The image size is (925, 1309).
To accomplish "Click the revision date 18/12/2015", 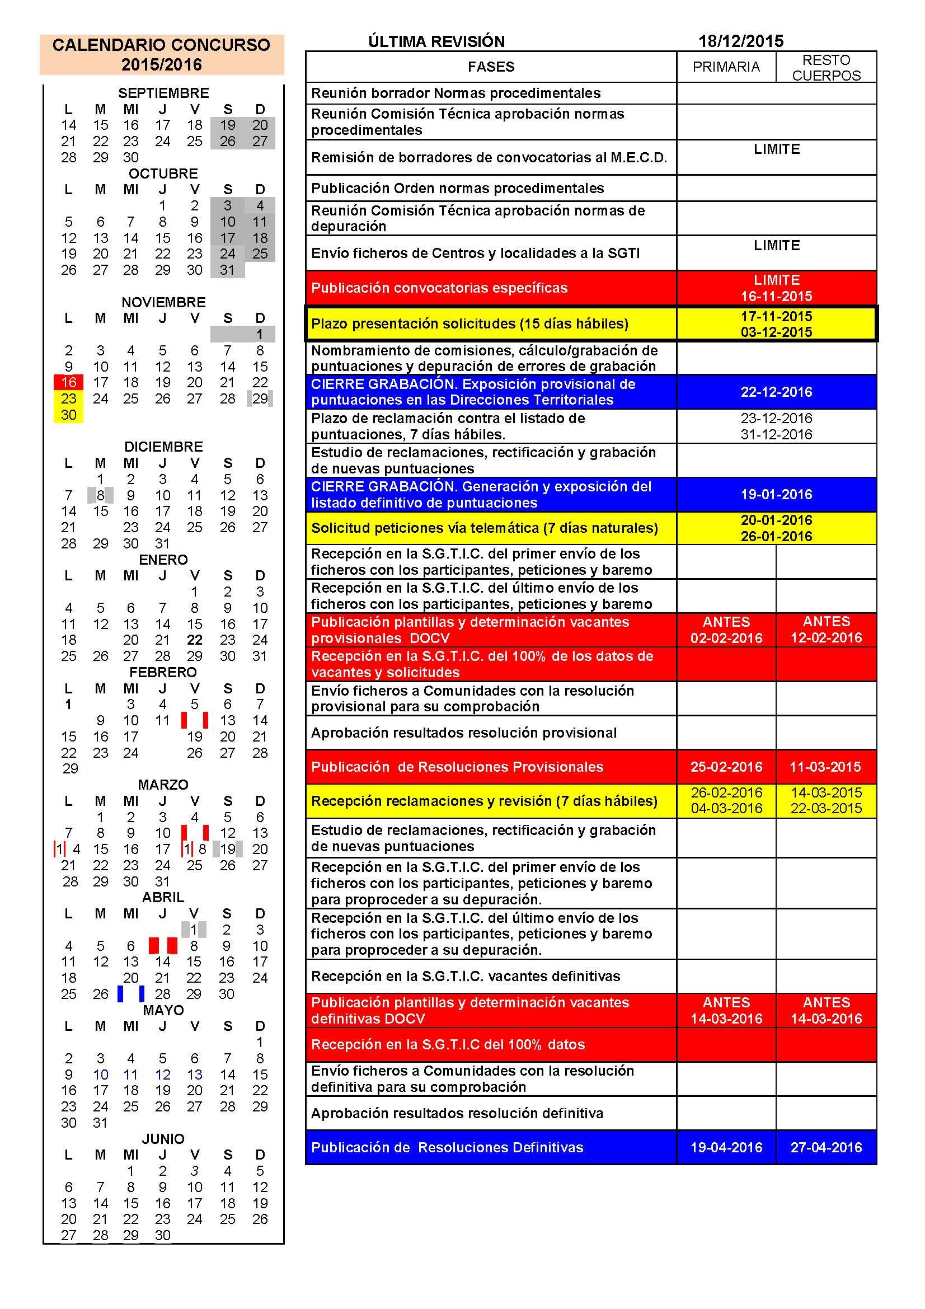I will pos(740,41).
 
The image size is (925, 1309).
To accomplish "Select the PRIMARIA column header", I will pos(726,67).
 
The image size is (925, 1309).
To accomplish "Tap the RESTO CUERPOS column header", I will pos(826,67).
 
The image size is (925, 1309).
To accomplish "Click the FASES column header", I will pos(491,67).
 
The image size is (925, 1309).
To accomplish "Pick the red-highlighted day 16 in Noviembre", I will pos(68,382).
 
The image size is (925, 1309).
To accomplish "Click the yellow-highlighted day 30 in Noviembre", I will pos(68,415).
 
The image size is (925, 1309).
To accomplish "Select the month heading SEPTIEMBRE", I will pos(163,93).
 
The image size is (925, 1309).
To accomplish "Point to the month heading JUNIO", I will pos(163,1138).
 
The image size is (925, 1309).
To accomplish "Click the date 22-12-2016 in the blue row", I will pos(776,392).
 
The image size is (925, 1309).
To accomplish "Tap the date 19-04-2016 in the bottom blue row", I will pos(726,1147).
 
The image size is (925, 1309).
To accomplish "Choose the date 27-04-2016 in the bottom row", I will pos(826,1147).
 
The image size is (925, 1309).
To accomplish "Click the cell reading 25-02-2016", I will pos(726,767).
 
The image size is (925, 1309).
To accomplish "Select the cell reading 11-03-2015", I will pos(826,767).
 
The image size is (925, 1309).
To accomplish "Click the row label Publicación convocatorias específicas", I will pos(439,288).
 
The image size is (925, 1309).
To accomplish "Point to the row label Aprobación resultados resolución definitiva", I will pos(457,1113).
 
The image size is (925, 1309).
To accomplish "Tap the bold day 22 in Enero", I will pos(194,640).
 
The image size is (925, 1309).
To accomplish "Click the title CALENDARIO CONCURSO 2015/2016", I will pos(161,55).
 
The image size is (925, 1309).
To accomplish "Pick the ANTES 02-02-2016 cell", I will pos(726,630).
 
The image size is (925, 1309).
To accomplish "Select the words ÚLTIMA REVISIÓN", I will pos(436,41).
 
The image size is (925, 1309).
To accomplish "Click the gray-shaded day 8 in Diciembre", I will pos(100,495).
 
